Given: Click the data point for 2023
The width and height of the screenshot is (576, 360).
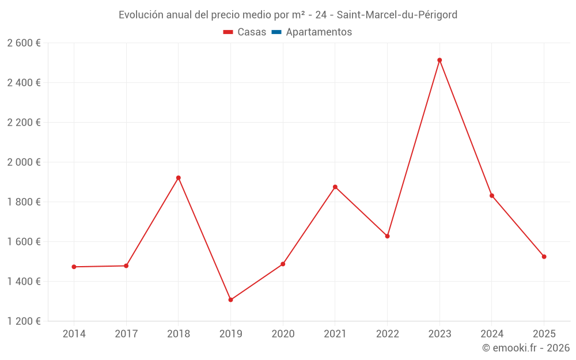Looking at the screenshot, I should [439, 60].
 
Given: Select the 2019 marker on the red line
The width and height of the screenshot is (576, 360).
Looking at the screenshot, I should [230, 300].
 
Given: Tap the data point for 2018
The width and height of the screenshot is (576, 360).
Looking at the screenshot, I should [179, 177].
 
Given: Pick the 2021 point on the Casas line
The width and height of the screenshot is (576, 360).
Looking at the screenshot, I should [335, 187].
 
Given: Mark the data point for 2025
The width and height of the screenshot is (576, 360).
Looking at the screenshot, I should [544, 256].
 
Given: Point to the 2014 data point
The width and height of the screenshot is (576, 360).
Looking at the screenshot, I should [74, 267].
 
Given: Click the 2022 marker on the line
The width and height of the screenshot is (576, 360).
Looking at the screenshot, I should [387, 236].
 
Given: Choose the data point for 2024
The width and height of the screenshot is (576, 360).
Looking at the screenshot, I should [492, 195].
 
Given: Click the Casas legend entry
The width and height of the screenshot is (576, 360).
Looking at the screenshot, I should [245, 32].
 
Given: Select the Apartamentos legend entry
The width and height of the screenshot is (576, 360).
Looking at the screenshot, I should [318, 32].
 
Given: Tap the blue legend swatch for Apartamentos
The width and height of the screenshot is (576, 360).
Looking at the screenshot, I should [276, 32].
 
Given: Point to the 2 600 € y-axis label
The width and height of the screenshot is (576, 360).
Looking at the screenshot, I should [24, 43].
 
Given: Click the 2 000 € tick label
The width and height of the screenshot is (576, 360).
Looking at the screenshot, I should [24, 162].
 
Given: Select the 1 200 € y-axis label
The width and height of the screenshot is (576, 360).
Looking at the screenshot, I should [24, 321].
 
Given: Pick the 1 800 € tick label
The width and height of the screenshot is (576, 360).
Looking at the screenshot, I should [24, 202].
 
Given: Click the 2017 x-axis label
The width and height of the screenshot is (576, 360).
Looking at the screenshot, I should [126, 334].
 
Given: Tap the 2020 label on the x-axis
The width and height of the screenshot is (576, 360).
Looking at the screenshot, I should [283, 334].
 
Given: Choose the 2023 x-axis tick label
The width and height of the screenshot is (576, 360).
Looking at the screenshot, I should [439, 334].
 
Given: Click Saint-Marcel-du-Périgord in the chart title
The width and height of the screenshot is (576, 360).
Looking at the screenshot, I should [397, 15].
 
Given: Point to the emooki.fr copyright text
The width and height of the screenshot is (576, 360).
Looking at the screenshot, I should [526, 348].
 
